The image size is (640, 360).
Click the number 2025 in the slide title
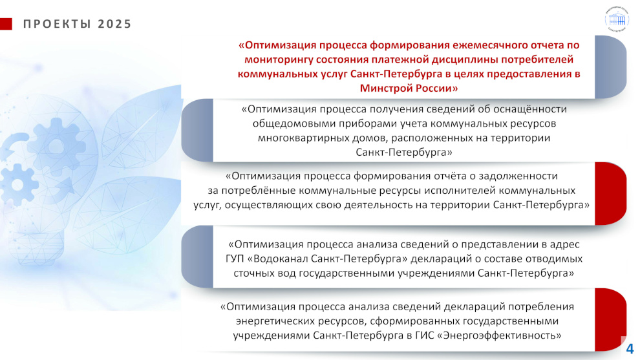pyautogui.click(x=114, y=24)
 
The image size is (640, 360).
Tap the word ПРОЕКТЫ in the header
pyautogui.click(x=57, y=24)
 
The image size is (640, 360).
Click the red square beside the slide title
pyautogui.click(x=6, y=24)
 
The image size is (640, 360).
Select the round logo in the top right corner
pyautogui.click(x=617, y=18)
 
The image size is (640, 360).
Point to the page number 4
pyautogui.click(x=630, y=349)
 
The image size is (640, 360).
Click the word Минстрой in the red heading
pyautogui.click(x=386, y=88)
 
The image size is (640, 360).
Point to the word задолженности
pyautogui.click(x=518, y=176)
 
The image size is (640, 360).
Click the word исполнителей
pyautogui.click(x=463, y=191)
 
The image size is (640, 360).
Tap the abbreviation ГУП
pyautogui.click(x=235, y=259)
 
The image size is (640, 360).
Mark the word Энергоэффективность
pyautogui.click(x=502, y=335)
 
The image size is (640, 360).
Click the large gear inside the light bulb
pyautogui.click(x=56, y=146)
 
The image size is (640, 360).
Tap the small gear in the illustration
pyautogui.click(x=17, y=184)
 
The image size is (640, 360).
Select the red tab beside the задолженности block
pyautogui.click(x=611, y=193)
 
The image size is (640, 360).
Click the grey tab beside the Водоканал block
pyautogui.click(x=197, y=257)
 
